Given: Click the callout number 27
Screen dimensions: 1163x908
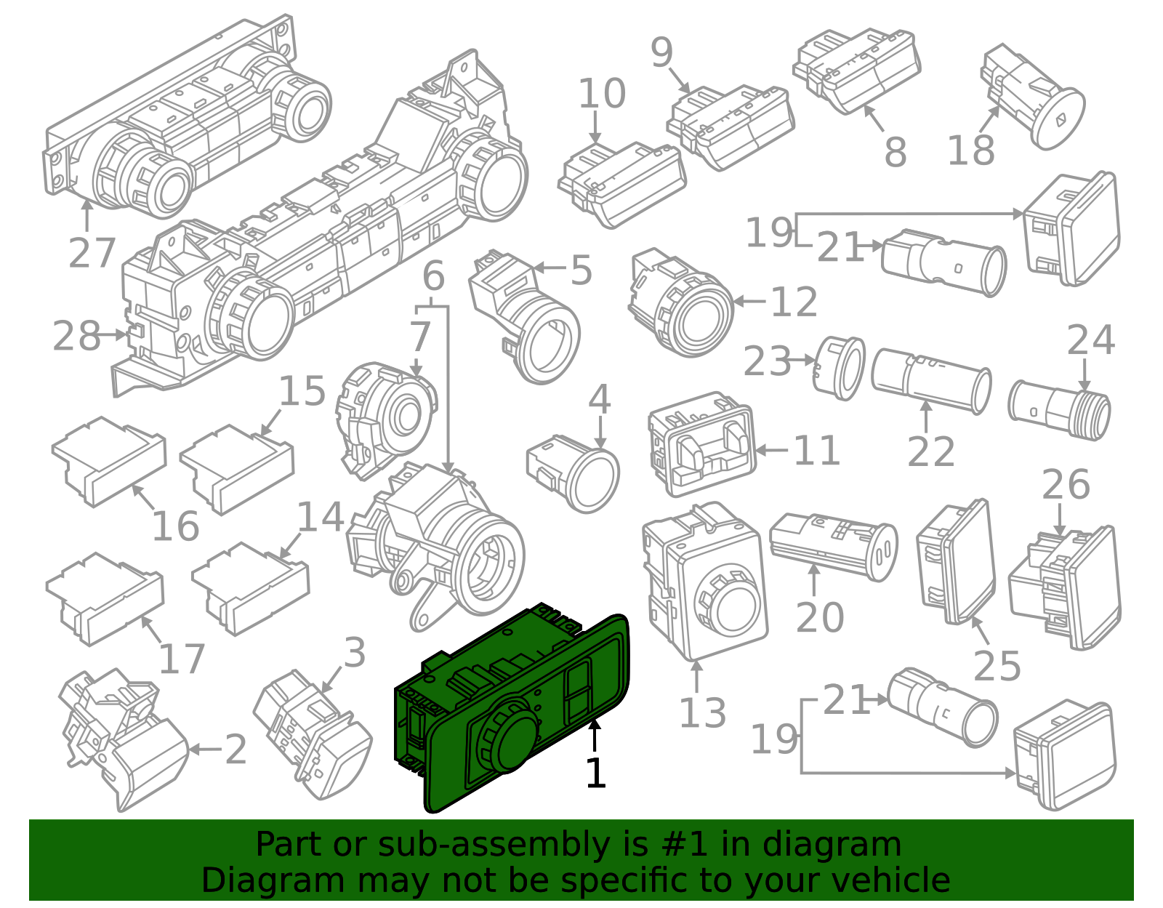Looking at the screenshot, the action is tap(92, 253).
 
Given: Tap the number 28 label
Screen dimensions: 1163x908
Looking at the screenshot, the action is tap(76, 336).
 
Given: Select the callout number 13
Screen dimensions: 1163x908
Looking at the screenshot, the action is tap(702, 712).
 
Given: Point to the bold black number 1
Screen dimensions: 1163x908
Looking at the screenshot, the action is tap(595, 773).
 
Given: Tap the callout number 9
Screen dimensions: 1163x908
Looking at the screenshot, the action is tap(661, 52).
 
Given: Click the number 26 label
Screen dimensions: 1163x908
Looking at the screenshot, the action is tap(1066, 484).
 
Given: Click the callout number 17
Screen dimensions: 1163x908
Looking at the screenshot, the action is tap(182, 659).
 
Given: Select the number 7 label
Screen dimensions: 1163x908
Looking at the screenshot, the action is tap(420, 337).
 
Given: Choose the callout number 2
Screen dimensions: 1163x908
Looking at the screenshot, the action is tap(236, 750).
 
